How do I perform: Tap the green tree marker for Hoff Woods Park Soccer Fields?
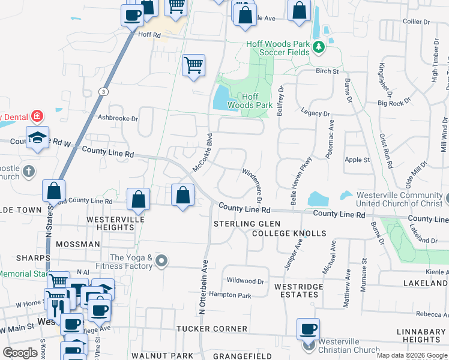321,46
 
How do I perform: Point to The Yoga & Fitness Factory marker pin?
161,261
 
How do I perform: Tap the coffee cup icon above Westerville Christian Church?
308,329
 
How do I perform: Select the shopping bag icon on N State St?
54,191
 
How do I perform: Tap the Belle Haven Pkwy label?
301,181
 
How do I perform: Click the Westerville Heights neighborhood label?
110,224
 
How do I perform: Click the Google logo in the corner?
20,353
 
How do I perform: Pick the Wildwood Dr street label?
246,281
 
